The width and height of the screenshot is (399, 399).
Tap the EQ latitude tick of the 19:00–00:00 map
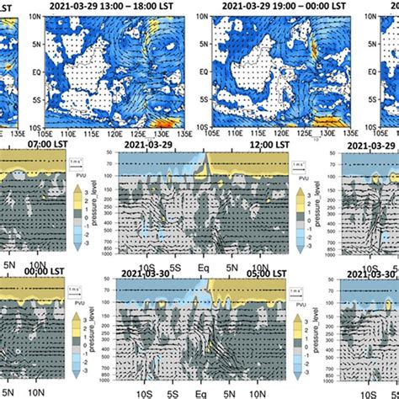coord(205,71)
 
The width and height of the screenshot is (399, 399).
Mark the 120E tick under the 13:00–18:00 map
coord(109,133)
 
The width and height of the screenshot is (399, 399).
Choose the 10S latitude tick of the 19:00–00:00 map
coord(204,124)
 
